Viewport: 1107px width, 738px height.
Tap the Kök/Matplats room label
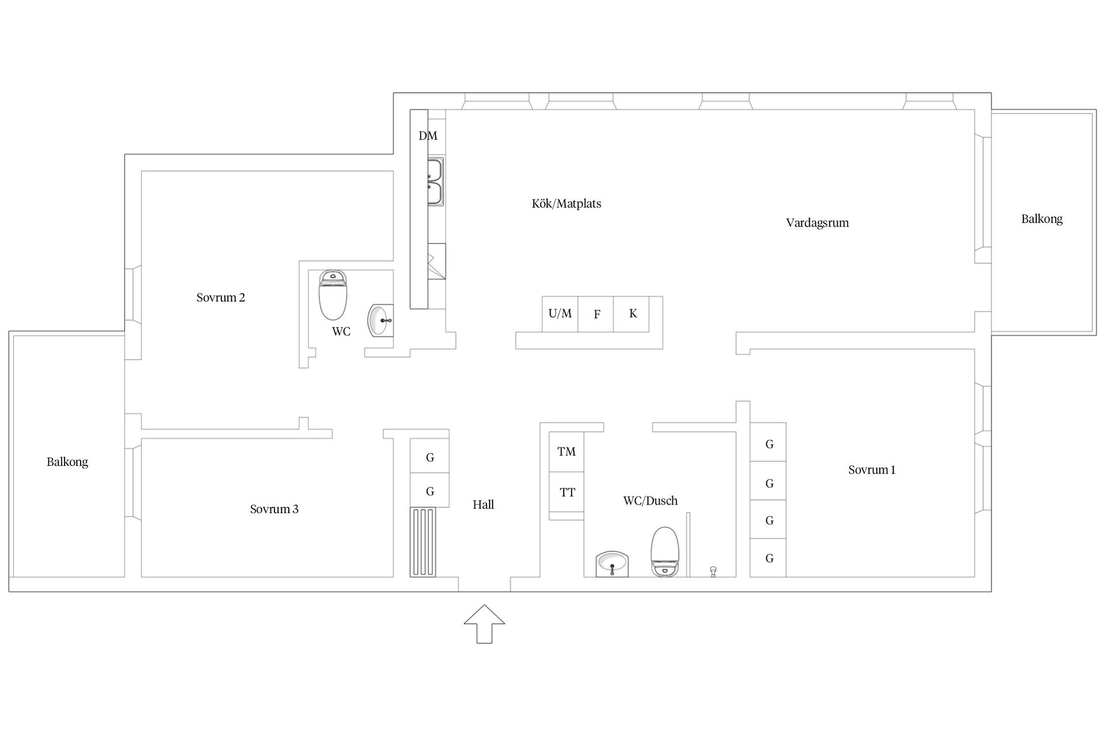(x=566, y=204)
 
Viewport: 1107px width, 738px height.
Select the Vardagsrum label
(x=817, y=223)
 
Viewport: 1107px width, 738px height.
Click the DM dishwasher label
(x=428, y=135)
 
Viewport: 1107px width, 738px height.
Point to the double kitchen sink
(x=435, y=182)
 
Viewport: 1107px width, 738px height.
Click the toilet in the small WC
(x=333, y=295)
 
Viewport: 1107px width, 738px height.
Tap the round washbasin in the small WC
(x=380, y=320)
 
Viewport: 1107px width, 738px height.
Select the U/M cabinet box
(x=560, y=314)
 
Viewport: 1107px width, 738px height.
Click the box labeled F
(x=596, y=314)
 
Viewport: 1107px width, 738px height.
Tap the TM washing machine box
(x=566, y=451)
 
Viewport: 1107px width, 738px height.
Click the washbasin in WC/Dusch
(x=612, y=564)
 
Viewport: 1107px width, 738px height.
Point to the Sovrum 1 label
(x=872, y=470)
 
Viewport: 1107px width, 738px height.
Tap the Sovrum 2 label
(x=220, y=298)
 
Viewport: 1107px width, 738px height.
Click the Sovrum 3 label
(x=274, y=509)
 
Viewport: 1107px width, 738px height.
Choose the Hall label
(x=483, y=504)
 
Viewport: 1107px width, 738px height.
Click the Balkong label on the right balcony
(x=1041, y=219)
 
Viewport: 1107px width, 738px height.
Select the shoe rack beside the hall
(x=423, y=542)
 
